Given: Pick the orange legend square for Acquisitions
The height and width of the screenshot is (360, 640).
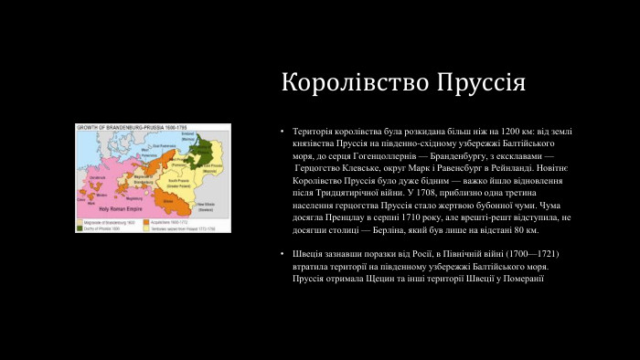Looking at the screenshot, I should pyautogui.click(x=155, y=219).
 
